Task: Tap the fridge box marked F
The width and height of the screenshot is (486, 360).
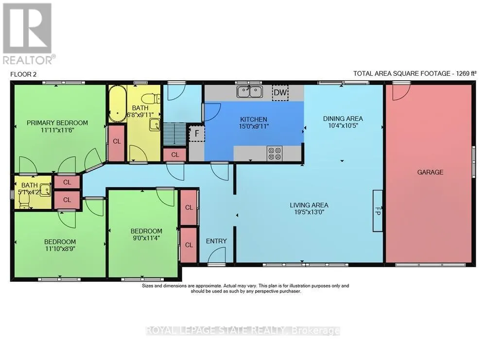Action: pos(197,134)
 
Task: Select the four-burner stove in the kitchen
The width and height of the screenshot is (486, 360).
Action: pos(275,154)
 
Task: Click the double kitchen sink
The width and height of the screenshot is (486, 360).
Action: pos(250,92)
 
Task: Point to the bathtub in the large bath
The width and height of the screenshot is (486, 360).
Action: pos(118,103)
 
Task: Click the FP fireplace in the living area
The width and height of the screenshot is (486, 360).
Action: pos(378,211)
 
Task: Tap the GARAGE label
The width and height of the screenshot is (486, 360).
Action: pos(430,172)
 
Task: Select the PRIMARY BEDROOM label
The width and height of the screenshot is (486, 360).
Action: pos(57,123)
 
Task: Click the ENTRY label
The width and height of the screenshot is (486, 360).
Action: pos(216,241)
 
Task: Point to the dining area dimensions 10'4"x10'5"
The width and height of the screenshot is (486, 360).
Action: pos(343,126)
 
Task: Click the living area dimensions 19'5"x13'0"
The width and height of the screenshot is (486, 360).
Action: pos(309,212)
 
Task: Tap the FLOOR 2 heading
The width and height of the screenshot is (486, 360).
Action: pos(23,74)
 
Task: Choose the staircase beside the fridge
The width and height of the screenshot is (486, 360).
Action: pos(174,134)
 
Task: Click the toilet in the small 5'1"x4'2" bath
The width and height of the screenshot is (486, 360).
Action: pos(24,202)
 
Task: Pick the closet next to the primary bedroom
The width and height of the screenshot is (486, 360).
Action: pos(117,141)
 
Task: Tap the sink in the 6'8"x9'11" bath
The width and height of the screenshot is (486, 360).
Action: pos(155,125)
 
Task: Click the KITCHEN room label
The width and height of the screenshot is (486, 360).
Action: pos(254,120)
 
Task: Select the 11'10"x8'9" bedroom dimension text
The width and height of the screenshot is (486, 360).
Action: pos(60,249)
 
